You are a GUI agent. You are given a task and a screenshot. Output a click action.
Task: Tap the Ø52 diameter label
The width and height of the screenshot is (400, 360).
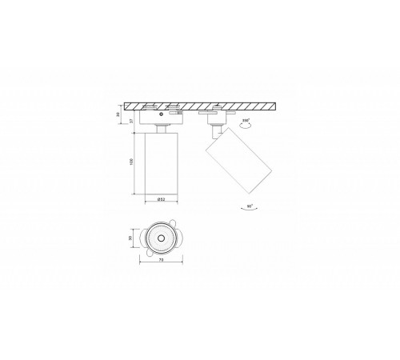point(161,200)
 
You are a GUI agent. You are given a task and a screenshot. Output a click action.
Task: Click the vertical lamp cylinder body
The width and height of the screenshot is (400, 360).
point(161,164)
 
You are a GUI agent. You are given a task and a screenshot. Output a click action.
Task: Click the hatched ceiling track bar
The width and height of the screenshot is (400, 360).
point(200,107)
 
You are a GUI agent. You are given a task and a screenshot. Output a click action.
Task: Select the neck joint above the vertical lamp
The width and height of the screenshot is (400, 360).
point(161,128)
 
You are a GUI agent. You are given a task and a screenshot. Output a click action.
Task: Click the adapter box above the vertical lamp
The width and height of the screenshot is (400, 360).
point(160,118)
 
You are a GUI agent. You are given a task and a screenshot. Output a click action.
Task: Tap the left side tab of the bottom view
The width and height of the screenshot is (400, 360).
point(140,237)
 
